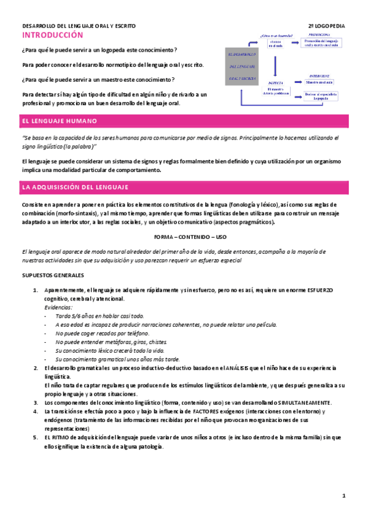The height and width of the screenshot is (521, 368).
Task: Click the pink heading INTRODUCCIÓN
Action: [x=52, y=36]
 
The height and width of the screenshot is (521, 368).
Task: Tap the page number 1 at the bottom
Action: [x=345, y=496]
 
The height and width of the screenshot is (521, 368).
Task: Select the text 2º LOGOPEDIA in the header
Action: [x=327, y=27]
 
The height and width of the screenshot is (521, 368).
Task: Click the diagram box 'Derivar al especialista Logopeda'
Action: [x=321, y=96]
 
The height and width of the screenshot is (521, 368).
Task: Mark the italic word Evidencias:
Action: [x=59, y=307]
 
